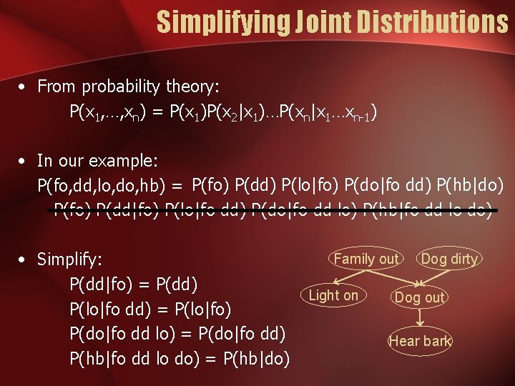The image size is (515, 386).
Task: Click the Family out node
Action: [366, 259]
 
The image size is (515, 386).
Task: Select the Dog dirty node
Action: [449, 259]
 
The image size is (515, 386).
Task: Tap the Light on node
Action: [333, 295]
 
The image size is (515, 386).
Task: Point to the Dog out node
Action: [419, 297]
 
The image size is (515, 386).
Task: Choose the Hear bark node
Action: [420, 341]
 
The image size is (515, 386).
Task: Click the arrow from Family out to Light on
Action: [350, 277]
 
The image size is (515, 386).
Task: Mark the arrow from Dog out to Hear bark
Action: [420, 319]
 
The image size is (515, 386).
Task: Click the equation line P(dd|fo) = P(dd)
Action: [133, 283]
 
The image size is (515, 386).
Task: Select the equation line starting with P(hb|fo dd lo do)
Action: [179, 358]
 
